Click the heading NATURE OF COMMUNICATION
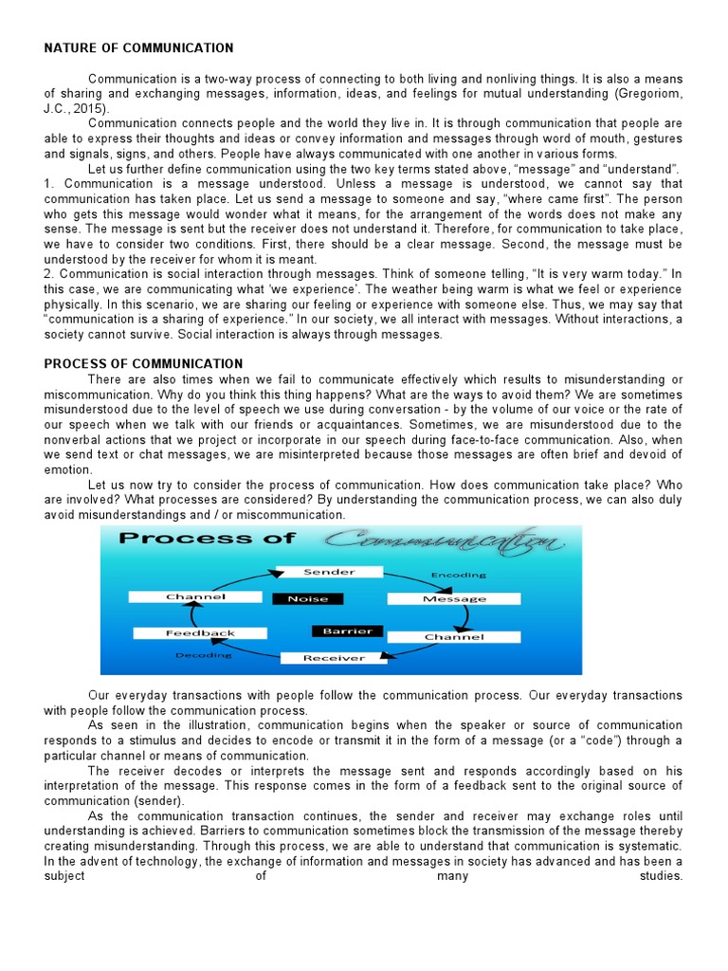[138, 47]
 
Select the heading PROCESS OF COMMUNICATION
[143, 363]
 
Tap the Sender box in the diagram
[328, 572]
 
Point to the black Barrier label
[346, 631]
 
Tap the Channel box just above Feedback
[196, 596]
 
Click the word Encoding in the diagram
[459, 575]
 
